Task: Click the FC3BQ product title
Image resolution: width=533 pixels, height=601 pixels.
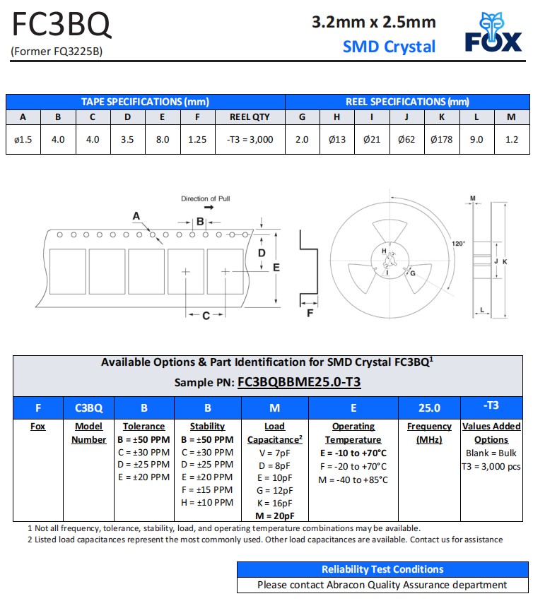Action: tap(61, 26)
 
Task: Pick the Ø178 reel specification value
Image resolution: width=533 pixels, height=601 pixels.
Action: tap(442, 139)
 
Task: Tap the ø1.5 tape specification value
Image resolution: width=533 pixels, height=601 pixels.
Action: tap(23, 139)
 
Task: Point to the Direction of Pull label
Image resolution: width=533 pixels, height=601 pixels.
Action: tap(206, 198)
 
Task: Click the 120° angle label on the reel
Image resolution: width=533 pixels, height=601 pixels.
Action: tap(459, 244)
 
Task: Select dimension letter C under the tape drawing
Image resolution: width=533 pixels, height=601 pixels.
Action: tap(206, 316)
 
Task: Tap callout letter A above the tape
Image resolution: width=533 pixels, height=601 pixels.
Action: tap(136, 215)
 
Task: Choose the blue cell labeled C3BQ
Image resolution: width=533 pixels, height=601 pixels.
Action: tap(89, 407)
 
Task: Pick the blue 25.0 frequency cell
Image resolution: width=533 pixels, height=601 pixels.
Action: tap(429, 407)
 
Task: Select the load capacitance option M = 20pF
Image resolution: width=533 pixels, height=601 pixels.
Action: tap(274, 516)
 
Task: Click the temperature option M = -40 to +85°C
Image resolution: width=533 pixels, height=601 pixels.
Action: tap(353, 480)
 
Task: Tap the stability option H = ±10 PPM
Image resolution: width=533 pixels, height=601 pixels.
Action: tap(208, 502)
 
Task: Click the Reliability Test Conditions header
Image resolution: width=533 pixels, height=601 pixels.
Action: tap(382, 569)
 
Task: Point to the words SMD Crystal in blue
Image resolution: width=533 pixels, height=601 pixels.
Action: tap(389, 47)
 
